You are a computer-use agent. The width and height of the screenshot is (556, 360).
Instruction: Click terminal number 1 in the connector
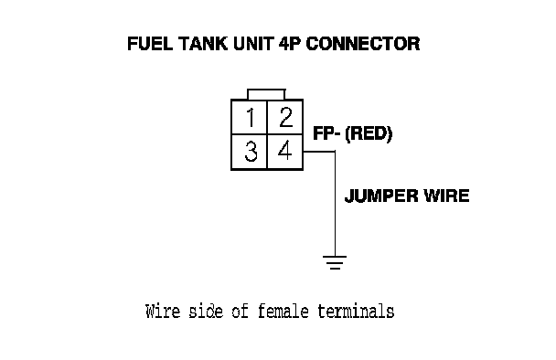coord(251,117)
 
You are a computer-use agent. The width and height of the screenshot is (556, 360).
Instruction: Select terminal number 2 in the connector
coord(286,117)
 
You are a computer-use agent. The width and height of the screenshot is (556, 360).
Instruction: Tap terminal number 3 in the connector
coord(251,152)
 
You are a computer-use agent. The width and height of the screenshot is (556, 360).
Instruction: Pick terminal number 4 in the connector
coord(285,150)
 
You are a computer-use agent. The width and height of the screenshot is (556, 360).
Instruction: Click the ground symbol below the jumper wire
coord(335,262)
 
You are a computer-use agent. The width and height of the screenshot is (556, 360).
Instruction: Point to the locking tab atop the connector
coord(266,94)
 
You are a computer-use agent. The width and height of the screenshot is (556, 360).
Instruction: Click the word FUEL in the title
coord(150,44)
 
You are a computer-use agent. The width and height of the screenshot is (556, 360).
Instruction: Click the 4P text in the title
coord(290,44)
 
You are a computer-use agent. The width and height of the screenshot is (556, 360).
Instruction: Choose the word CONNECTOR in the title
coord(363,44)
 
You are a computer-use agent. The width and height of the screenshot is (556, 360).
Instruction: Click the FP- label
coord(326,133)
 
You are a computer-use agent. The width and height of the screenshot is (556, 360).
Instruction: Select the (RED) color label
coord(369,134)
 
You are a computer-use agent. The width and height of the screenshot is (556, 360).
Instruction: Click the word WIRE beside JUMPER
coord(447,196)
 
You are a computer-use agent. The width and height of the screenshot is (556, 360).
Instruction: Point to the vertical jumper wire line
coord(335,204)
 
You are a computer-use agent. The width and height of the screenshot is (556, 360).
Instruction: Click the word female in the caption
coord(283,311)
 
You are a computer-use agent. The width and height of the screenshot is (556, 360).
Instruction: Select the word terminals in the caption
coord(356,311)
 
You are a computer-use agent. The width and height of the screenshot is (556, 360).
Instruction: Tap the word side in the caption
coord(206,311)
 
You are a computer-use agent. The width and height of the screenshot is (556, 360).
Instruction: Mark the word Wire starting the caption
coord(163,311)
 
